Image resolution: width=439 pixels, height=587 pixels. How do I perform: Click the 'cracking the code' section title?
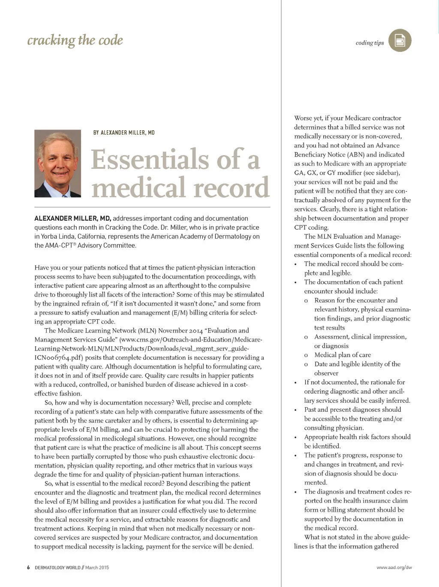(x=75, y=40)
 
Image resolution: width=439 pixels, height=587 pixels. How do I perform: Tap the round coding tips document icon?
(x=400, y=41)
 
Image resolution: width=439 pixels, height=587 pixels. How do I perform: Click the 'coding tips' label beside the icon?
(x=370, y=43)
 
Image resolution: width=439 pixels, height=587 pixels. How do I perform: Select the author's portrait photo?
(x=57, y=163)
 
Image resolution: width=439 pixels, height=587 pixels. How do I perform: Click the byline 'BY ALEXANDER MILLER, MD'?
(x=124, y=133)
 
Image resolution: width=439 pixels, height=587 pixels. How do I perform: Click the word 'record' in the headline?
(x=232, y=188)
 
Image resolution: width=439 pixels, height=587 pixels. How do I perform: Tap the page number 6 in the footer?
(x=28, y=568)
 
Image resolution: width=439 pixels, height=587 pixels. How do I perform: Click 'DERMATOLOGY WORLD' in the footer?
(x=57, y=568)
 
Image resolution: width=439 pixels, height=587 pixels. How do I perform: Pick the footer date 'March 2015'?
(x=97, y=568)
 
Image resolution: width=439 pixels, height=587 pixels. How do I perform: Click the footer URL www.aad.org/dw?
(x=394, y=568)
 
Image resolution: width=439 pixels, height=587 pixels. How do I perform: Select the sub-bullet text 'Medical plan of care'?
(x=343, y=355)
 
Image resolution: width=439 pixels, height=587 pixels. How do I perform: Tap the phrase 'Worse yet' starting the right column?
(x=308, y=118)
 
